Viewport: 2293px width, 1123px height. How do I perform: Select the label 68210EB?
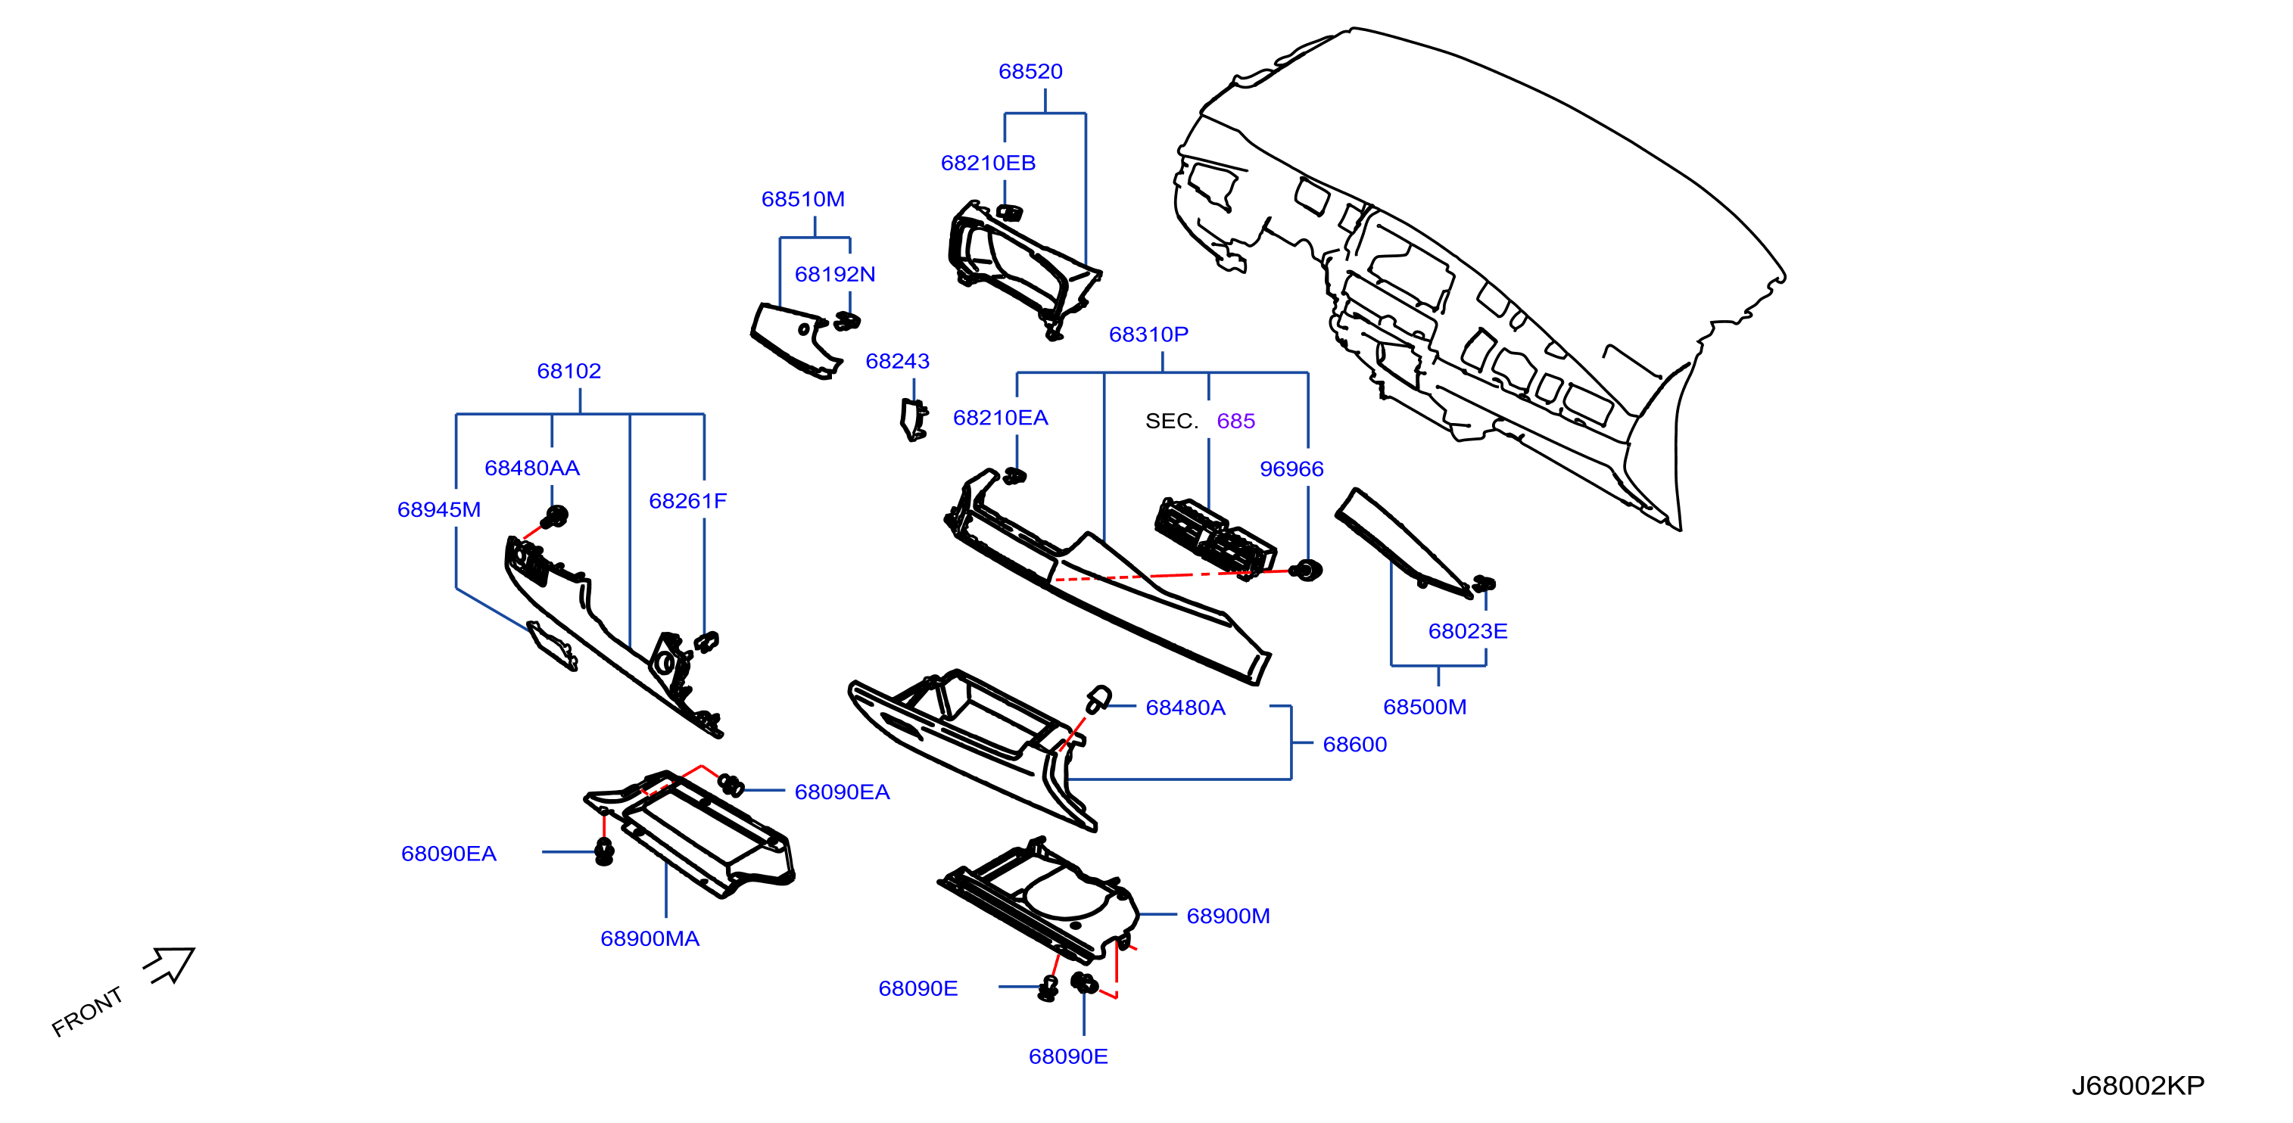point(988,163)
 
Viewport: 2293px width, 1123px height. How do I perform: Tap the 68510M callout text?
point(803,199)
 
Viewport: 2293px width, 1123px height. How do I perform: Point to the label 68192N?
point(835,274)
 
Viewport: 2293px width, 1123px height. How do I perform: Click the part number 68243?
point(897,361)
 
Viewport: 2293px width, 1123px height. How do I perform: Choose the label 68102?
point(569,371)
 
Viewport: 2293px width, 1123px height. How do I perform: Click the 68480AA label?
point(532,468)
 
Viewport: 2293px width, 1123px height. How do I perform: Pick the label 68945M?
point(439,510)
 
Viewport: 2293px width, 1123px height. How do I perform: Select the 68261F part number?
point(688,501)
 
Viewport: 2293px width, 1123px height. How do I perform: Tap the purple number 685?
point(1235,421)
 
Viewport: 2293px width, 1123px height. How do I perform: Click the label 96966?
point(1291,469)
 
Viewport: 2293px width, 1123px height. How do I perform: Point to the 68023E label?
point(1468,631)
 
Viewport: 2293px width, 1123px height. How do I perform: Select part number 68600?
point(1355,744)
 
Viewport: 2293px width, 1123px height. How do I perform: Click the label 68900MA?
point(650,939)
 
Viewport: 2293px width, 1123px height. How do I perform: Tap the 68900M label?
point(1229,916)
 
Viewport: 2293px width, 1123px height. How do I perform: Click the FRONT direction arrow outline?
point(171,964)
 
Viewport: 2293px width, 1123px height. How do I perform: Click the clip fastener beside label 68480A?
point(1098,699)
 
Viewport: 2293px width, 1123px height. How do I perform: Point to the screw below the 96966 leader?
point(1307,571)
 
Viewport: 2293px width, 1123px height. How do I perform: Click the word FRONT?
point(87,1012)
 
